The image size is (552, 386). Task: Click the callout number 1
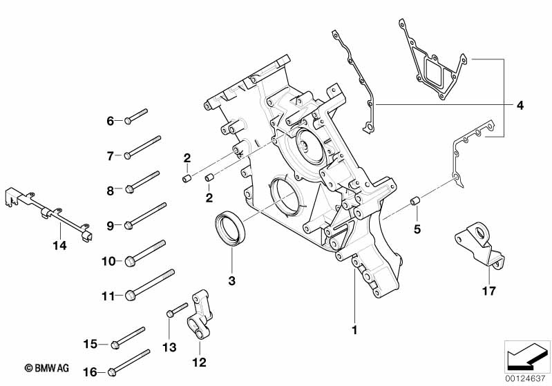click(x=354, y=330)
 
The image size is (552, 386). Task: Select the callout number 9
click(x=109, y=224)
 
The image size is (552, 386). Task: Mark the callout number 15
click(x=91, y=343)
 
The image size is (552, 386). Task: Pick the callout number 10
click(x=108, y=261)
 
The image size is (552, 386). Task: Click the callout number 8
click(x=109, y=189)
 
